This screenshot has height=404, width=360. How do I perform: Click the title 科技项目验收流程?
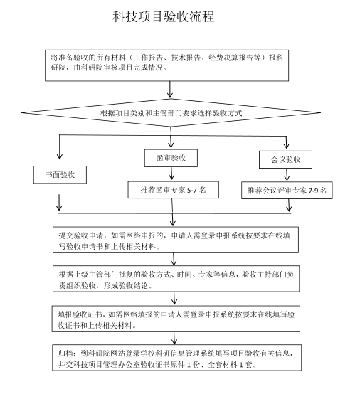[164, 16]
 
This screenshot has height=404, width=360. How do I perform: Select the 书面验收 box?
[60, 175]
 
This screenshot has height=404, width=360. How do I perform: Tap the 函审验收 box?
[171, 158]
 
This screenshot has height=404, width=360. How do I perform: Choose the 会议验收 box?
[285, 160]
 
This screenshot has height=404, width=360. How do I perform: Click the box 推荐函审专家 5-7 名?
[173, 190]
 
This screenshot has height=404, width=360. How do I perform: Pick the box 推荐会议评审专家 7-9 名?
[287, 191]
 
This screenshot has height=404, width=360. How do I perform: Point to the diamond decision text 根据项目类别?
[171, 113]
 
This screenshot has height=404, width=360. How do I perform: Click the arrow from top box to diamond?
[170, 90]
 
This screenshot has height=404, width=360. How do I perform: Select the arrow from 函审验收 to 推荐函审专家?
[171, 174]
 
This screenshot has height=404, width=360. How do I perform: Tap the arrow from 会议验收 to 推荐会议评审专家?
[287, 174]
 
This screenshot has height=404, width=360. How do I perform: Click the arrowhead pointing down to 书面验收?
[60, 156]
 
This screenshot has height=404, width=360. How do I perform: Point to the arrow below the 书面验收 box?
[59, 203]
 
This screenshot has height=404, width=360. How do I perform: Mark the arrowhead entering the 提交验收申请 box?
[173, 223]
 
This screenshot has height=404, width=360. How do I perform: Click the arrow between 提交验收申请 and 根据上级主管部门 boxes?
[174, 259]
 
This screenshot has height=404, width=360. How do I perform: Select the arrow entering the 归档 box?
[174, 339]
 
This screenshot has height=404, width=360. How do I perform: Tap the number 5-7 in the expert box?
[192, 191]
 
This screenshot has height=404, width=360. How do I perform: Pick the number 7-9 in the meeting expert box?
[313, 191]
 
